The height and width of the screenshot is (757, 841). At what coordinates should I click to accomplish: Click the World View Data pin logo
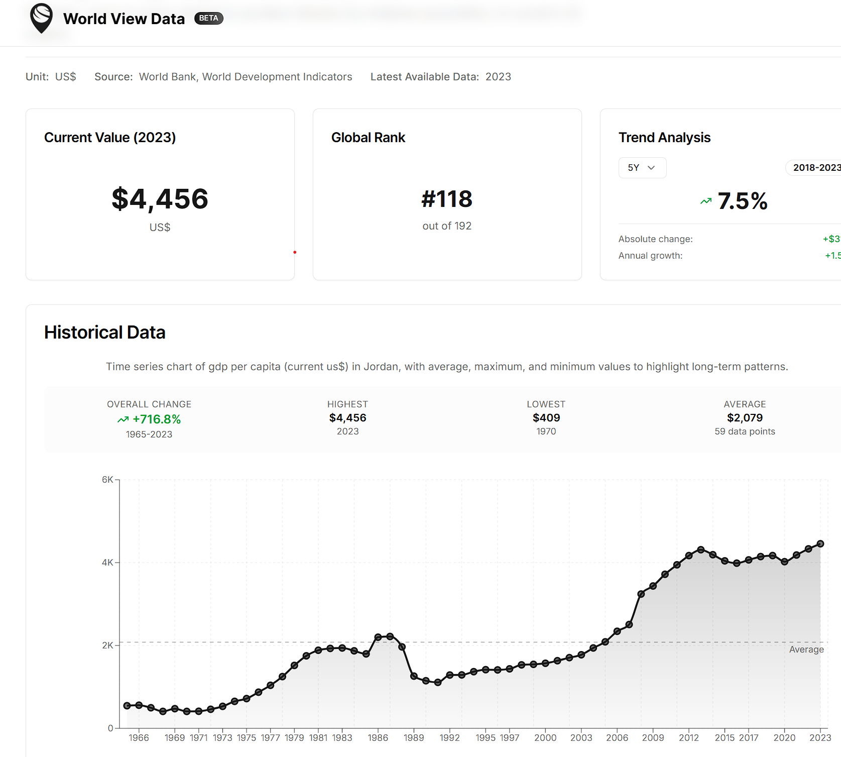[x=41, y=18]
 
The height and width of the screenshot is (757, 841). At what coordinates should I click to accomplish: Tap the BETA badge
[x=208, y=19]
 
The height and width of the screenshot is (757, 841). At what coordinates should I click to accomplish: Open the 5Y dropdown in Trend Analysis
[x=642, y=168]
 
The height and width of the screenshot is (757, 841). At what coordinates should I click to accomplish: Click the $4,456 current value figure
[x=160, y=199]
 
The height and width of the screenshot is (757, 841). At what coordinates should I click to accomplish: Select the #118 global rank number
[x=447, y=199]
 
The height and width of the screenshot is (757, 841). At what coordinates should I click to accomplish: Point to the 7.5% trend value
[x=742, y=201]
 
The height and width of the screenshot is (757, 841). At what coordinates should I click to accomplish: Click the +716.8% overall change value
[x=156, y=419]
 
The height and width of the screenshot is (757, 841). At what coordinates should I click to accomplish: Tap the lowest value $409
[x=546, y=418]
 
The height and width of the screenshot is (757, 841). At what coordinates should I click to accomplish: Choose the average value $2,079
[x=745, y=418]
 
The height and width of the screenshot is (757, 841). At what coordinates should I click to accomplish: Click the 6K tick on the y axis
[x=107, y=480]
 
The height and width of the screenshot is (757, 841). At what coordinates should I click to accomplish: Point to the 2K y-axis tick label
[x=107, y=645]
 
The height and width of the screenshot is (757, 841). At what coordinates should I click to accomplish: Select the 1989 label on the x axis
[x=414, y=738]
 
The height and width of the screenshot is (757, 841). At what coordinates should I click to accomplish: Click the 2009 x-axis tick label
[x=653, y=738]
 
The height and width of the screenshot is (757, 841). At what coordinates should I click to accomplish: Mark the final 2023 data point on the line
[x=820, y=544]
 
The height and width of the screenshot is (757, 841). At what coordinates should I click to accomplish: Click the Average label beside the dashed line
[x=806, y=650]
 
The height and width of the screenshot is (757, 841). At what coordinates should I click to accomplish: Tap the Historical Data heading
[x=105, y=333]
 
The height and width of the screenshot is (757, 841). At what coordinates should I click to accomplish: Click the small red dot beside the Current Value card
[x=295, y=252]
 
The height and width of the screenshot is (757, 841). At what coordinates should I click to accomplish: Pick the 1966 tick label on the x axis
[x=139, y=738]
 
